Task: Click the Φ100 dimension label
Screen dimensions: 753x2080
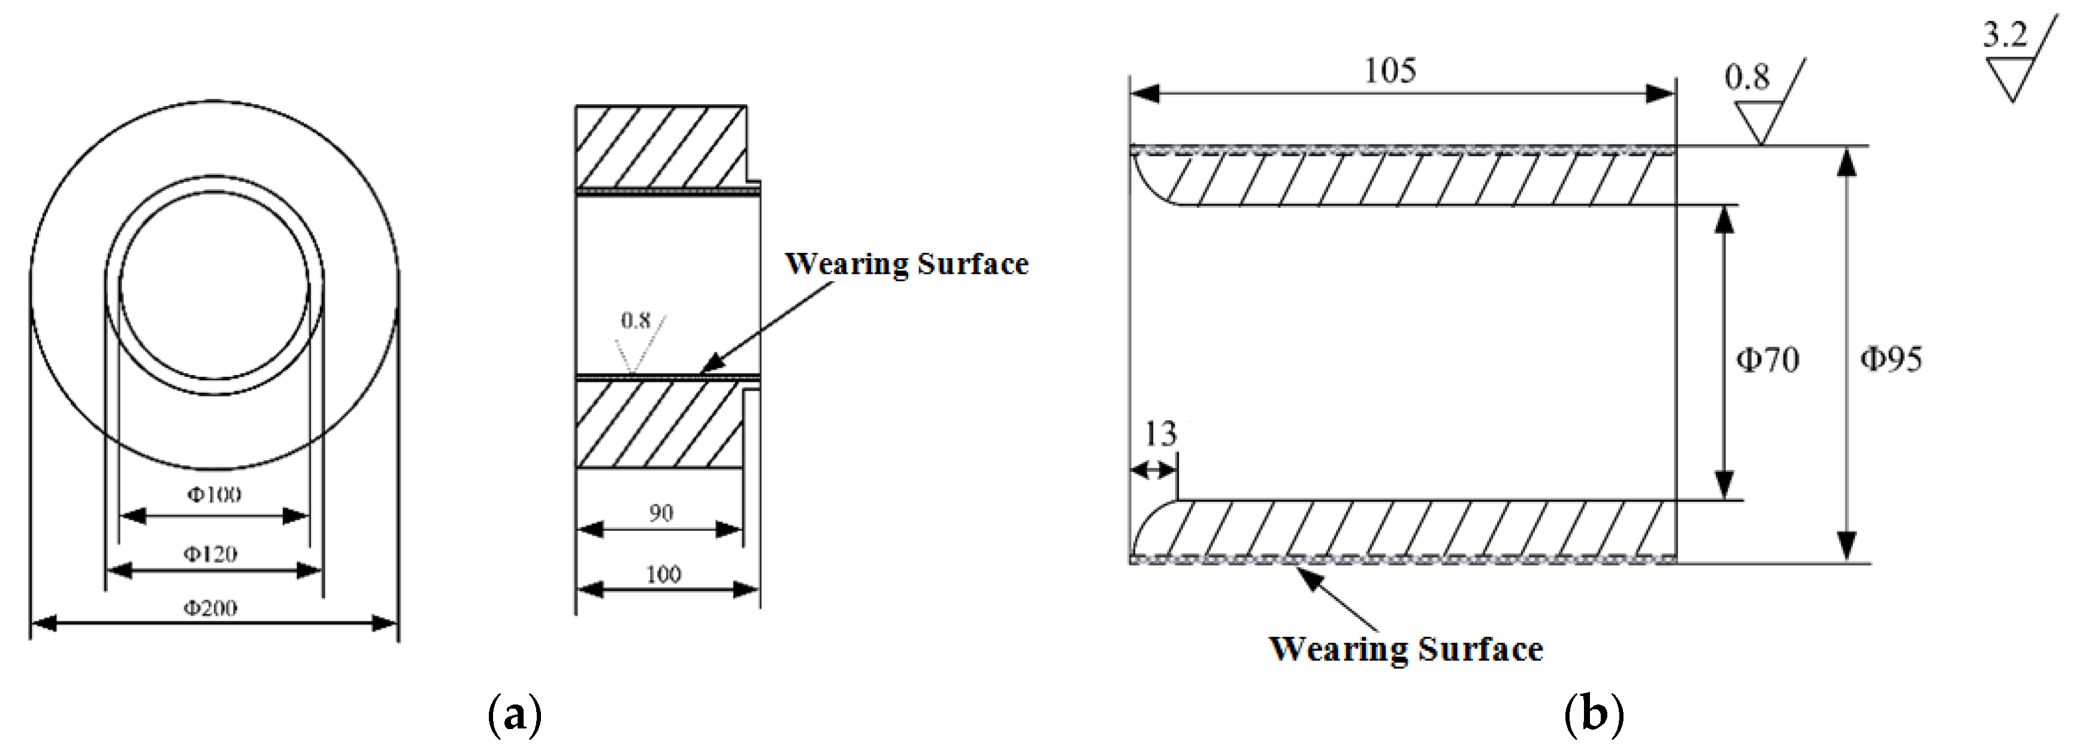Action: click(214, 494)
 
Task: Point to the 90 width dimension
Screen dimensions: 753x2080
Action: click(661, 513)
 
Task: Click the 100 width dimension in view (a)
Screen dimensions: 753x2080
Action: click(663, 574)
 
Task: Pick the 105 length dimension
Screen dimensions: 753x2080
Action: click(1390, 71)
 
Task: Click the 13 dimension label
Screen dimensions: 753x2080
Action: click(1160, 434)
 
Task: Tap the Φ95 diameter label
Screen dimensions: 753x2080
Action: click(1891, 358)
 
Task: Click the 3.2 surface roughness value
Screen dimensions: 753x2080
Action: click(2005, 35)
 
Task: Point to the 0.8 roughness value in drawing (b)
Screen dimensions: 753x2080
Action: click(1746, 77)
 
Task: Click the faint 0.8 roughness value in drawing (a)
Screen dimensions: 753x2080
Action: click(636, 320)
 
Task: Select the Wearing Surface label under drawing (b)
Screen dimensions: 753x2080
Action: click(1406, 649)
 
